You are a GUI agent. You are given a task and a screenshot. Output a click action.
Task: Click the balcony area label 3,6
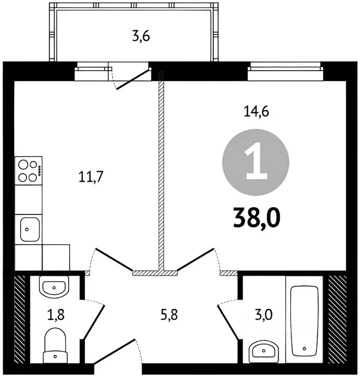point(141,37)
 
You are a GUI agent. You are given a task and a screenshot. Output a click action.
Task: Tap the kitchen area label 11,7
point(90,177)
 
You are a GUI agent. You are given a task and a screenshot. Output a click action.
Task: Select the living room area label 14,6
point(256,112)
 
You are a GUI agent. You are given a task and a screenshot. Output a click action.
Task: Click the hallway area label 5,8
point(169,315)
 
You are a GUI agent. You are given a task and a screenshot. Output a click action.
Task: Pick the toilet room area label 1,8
point(56,315)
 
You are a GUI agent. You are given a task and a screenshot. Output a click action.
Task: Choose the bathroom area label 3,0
point(264,315)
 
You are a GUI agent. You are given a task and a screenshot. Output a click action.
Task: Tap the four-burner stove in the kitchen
point(29,171)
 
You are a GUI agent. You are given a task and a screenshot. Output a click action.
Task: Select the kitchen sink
point(30,230)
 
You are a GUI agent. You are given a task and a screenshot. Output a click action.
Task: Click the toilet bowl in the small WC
point(55,345)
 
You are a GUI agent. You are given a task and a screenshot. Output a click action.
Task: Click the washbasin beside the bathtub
point(264,351)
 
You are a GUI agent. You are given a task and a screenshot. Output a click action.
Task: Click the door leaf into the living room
point(195,260)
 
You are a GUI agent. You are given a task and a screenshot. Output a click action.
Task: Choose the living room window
point(286,71)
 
